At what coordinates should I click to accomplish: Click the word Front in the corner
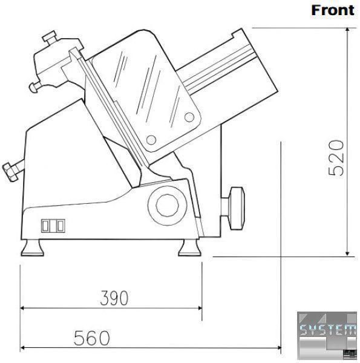point(333,10)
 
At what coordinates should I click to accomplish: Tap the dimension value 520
point(336,158)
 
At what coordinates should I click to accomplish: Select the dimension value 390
point(114,298)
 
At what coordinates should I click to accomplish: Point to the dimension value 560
point(92,338)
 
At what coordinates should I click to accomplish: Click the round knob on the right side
point(236,208)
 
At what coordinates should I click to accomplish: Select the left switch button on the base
point(45,226)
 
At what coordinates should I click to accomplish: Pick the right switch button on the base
point(60,226)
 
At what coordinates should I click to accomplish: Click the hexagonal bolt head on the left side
point(10,172)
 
